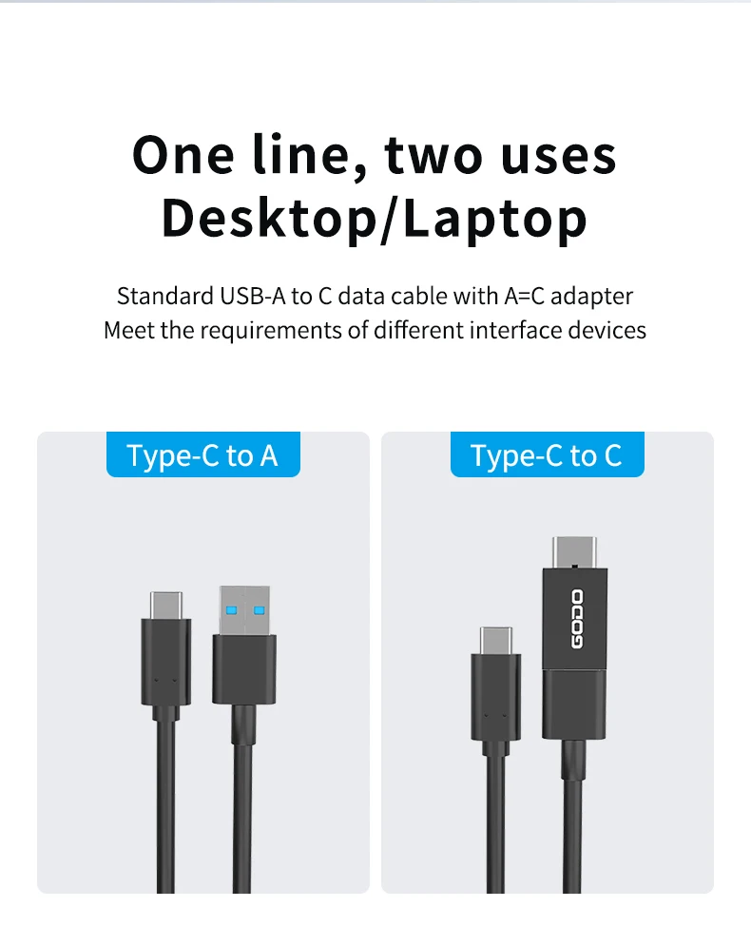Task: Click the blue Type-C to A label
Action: click(203, 454)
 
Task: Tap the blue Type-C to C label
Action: click(548, 454)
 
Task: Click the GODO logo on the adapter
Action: click(577, 620)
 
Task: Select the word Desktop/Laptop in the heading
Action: click(374, 220)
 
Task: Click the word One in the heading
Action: click(183, 156)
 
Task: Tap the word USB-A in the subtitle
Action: click(252, 297)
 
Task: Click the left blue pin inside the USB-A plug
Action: click(231, 610)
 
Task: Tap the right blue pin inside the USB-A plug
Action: click(260, 610)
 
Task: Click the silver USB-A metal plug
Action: click(244, 610)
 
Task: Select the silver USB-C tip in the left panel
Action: click(166, 605)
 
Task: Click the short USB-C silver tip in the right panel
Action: click(496, 641)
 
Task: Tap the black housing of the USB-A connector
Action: click(244, 669)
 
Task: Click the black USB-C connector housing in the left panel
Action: click(166, 662)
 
